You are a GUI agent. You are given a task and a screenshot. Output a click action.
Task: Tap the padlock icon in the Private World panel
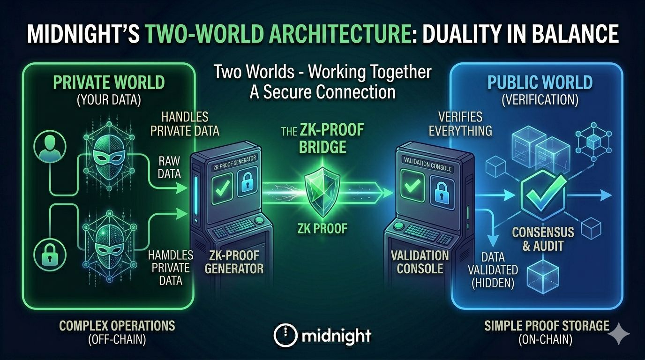click(49, 255)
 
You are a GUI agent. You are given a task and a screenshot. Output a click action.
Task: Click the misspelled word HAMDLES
click(171, 255)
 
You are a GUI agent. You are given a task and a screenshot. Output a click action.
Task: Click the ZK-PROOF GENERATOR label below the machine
click(234, 262)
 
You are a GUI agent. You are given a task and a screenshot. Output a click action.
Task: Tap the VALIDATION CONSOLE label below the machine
click(420, 262)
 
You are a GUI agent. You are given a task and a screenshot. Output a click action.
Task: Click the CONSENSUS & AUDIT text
click(543, 238)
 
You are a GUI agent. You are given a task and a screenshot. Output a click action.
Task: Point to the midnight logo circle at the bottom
click(285, 335)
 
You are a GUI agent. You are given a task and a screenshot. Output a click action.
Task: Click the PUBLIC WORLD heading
click(540, 83)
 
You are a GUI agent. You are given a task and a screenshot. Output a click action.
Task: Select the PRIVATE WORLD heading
click(109, 83)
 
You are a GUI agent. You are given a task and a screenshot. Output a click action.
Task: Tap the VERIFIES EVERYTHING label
click(461, 123)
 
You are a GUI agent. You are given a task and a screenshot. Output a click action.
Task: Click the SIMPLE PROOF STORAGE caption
click(547, 325)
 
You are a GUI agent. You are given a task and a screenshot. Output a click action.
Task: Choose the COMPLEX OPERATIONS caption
click(117, 325)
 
